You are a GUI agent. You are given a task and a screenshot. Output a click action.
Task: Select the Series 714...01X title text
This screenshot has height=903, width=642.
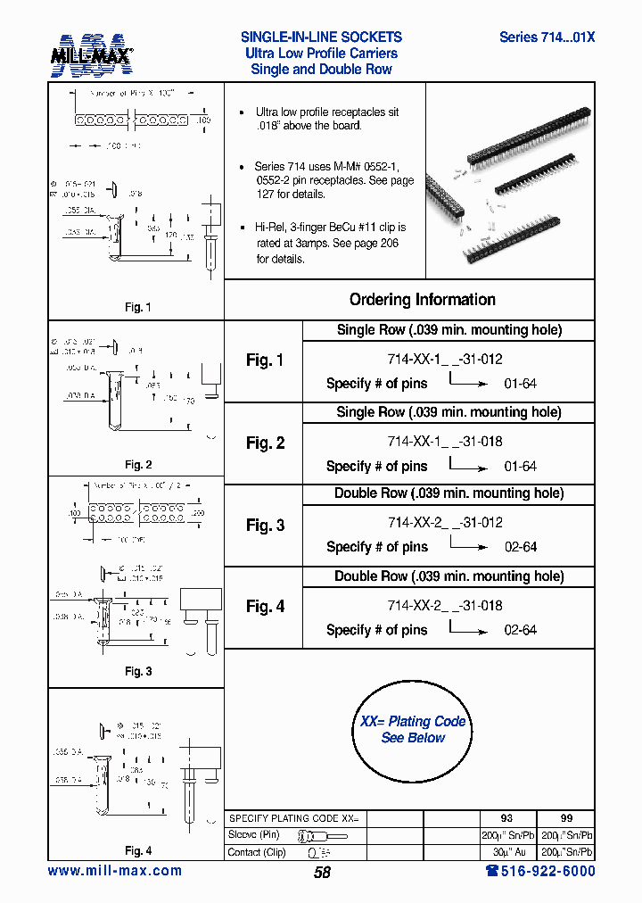[x=547, y=37]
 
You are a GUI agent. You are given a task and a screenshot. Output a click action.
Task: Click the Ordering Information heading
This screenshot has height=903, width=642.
[x=422, y=300]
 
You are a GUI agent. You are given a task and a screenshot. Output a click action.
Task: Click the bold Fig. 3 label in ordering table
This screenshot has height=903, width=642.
[x=265, y=526]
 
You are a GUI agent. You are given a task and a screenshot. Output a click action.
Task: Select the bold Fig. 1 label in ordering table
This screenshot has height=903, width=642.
[x=265, y=360]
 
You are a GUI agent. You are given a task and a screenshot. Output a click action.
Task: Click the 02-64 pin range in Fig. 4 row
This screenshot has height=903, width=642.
[x=520, y=630]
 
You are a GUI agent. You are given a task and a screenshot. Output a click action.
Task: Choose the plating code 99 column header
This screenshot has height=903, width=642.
[x=566, y=818]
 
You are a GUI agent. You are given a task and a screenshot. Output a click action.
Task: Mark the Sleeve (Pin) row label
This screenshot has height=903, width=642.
[x=254, y=835]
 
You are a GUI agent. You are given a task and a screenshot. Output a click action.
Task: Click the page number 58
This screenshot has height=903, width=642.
[x=322, y=873]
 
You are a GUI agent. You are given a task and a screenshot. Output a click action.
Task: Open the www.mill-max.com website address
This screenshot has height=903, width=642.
[x=114, y=871]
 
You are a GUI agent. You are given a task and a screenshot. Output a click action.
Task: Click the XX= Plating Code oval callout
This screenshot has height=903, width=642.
[x=412, y=729]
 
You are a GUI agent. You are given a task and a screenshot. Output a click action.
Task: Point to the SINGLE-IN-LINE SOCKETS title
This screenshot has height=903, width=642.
[x=321, y=37]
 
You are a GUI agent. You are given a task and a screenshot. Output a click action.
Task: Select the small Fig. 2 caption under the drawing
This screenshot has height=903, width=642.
[x=137, y=465]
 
